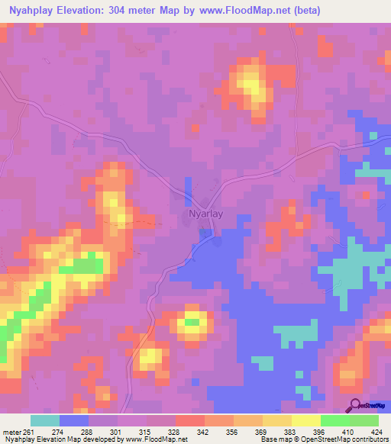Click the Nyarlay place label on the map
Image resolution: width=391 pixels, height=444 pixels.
pyautogui.click(x=205, y=214)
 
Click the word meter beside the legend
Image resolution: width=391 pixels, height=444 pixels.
pyautogui.click(x=9, y=432)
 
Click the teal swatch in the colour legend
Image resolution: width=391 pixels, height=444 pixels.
pyautogui.click(x=45, y=420)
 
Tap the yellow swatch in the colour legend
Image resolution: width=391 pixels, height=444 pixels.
pyautogui.click(x=305, y=420)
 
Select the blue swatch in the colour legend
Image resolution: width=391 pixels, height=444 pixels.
pyautogui.click(x=74, y=420)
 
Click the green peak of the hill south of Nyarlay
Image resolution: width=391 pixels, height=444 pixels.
pyautogui.click(x=192, y=322)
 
